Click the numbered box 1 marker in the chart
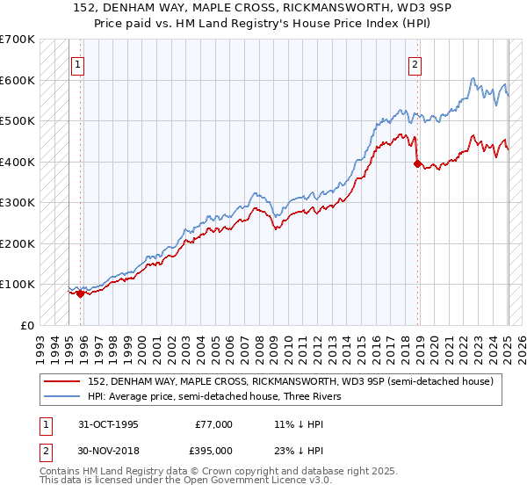pyautogui.click(x=77, y=64)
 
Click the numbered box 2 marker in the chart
pyautogui.click(x=414, y=64)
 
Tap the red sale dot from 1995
pyautogui.click(x=80, y=294)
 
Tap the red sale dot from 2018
pyautogui.click(x=417, y=163)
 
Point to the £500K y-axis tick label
pyautogui.click(x=18, y=120)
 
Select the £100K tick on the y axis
pyautogui.click(x=18, y=284)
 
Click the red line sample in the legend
pyautogui.click(x=61, y=381)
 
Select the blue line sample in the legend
pyautogui.click(x=61, y=396)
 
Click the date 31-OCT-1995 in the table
pyautogui.click(x=109, y=423)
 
